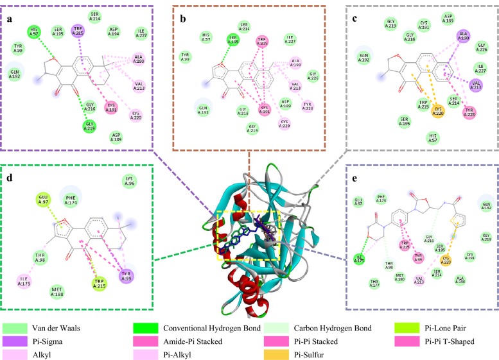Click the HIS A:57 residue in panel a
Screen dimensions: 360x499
tap(34, 31)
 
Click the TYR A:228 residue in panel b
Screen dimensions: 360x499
tap(308, 105)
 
